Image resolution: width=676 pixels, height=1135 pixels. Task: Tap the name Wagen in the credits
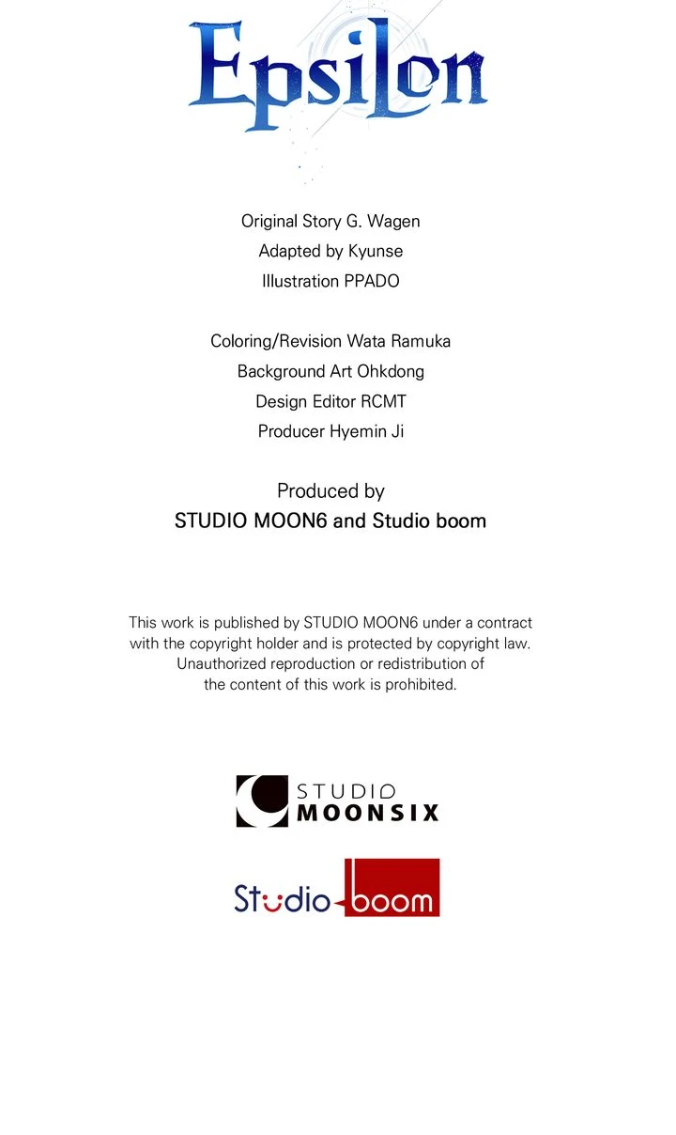[x=393, y=222]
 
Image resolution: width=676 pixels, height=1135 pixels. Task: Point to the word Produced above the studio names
[x=308, y=490]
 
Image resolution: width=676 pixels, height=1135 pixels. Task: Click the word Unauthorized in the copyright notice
[x=223, y=663]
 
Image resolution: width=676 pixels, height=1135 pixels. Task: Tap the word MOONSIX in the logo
[x=368, y=813]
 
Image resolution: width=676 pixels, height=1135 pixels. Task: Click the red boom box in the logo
[x=392, y=888]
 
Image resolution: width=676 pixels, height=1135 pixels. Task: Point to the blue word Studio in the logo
[x=282, y=898]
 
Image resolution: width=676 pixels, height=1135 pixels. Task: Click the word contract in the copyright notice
[x=502, y=622]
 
